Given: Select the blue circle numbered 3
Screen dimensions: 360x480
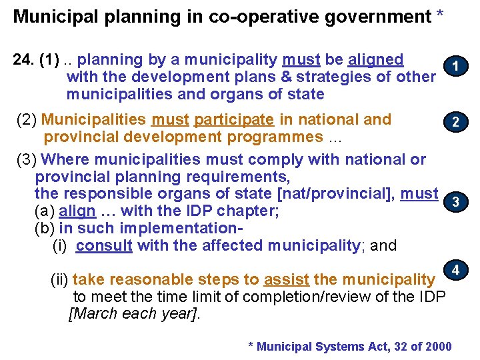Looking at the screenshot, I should [455, 202].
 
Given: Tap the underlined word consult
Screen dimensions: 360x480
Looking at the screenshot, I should [104, 245].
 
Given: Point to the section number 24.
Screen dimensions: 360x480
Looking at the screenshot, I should [25, 60].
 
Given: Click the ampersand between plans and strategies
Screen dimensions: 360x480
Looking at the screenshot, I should [273, 77].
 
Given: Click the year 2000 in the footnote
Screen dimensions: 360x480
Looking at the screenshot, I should [437, 347].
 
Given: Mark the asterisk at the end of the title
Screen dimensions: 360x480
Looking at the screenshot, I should [439, 15].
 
